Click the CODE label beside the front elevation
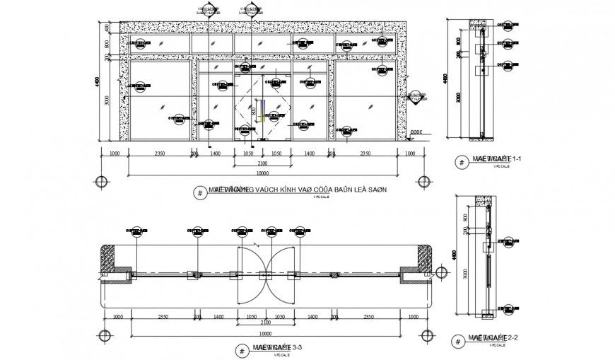pyautogui.click(x=416, y=132)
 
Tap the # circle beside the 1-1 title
pyautogui.click(x=462, y=162)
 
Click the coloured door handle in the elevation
pyautogui.click(x=259, y=111)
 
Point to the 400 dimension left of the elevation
pyautogui.click(x=107, y=28)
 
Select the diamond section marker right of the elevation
pyautogui.click(x=416, y=97)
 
